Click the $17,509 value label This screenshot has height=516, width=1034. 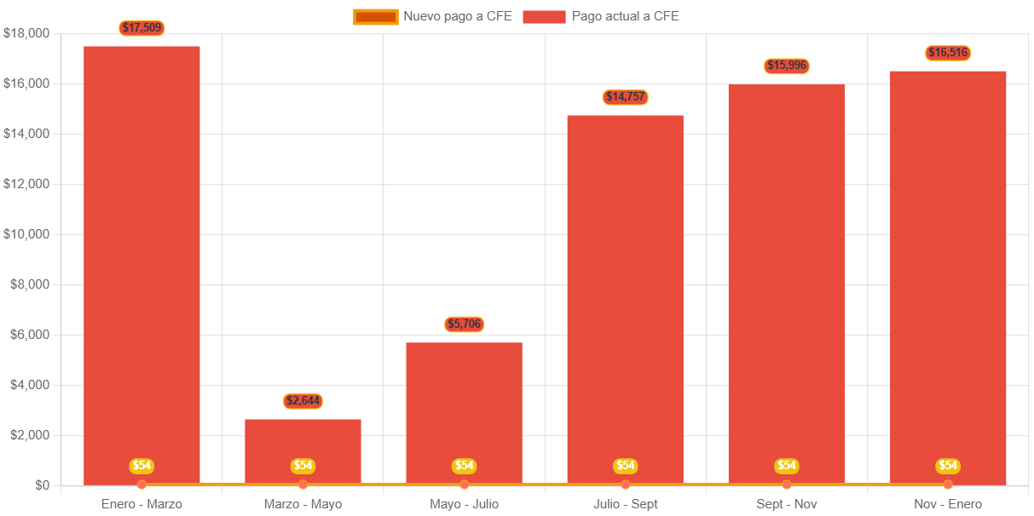pyautogui.click(x=142, y=28)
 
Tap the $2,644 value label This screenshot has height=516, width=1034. pyautogui.click(x=303, y=401)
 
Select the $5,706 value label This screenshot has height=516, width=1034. pyautogui.click(x=464, y=324)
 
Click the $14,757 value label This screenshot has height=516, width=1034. pyautogui.click(x=625, y=97)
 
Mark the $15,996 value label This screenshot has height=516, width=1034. pyautogui.click(x=786, y=66)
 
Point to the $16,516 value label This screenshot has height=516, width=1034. pyautogui.click(x=948, y=53)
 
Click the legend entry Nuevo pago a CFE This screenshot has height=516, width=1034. pyautogui.click(x=433, y=16)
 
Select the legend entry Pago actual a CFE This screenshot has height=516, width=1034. pyautogui.click(x=601, y=16)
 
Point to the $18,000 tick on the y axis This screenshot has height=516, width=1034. pyautogui.click(x=26, y=33)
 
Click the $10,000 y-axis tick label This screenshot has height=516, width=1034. pyautogui.click(x=26, y=234)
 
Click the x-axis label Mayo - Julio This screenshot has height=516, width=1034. pyautogui.click(x=464, y=504)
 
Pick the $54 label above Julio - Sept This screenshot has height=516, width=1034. pyautogui.click(x=625, y=466)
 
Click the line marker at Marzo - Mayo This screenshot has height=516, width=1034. pyautogui.click(x=303, y=484)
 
